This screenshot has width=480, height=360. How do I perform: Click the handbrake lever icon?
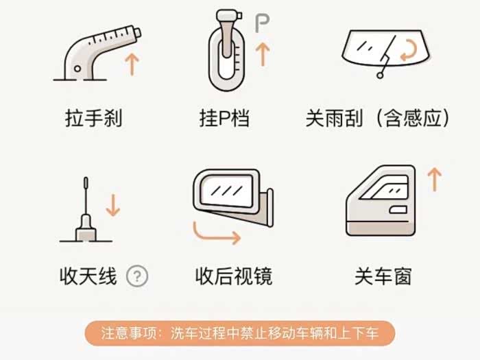click(92, 55)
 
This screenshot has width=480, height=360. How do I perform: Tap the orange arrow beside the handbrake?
click(132, 64)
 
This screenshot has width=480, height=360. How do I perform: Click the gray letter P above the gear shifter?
click(262, 23)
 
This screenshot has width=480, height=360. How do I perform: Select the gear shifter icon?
click(226, 51)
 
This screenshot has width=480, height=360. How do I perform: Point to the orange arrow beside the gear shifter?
click(263, 54)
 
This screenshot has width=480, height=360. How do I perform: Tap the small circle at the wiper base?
click(380, 75)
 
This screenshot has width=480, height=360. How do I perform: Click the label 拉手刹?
click(93, 118)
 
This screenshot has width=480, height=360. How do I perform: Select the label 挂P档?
click(224, 118)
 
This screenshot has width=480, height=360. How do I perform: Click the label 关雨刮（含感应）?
click(377, 118)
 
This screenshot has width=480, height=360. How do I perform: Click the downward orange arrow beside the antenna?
click(112, 205)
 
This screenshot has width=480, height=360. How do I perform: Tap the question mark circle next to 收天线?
click(137, 276)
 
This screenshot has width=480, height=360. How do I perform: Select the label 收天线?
click(88, 276)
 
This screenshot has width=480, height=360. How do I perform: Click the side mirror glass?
click(227, 191)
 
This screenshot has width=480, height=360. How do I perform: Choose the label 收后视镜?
click(234, 276)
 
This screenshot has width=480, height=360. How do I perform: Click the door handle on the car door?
click(398, 210)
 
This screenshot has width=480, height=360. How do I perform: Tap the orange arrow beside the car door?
click(434, 180)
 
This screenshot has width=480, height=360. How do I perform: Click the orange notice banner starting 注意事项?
click(240, 333)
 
